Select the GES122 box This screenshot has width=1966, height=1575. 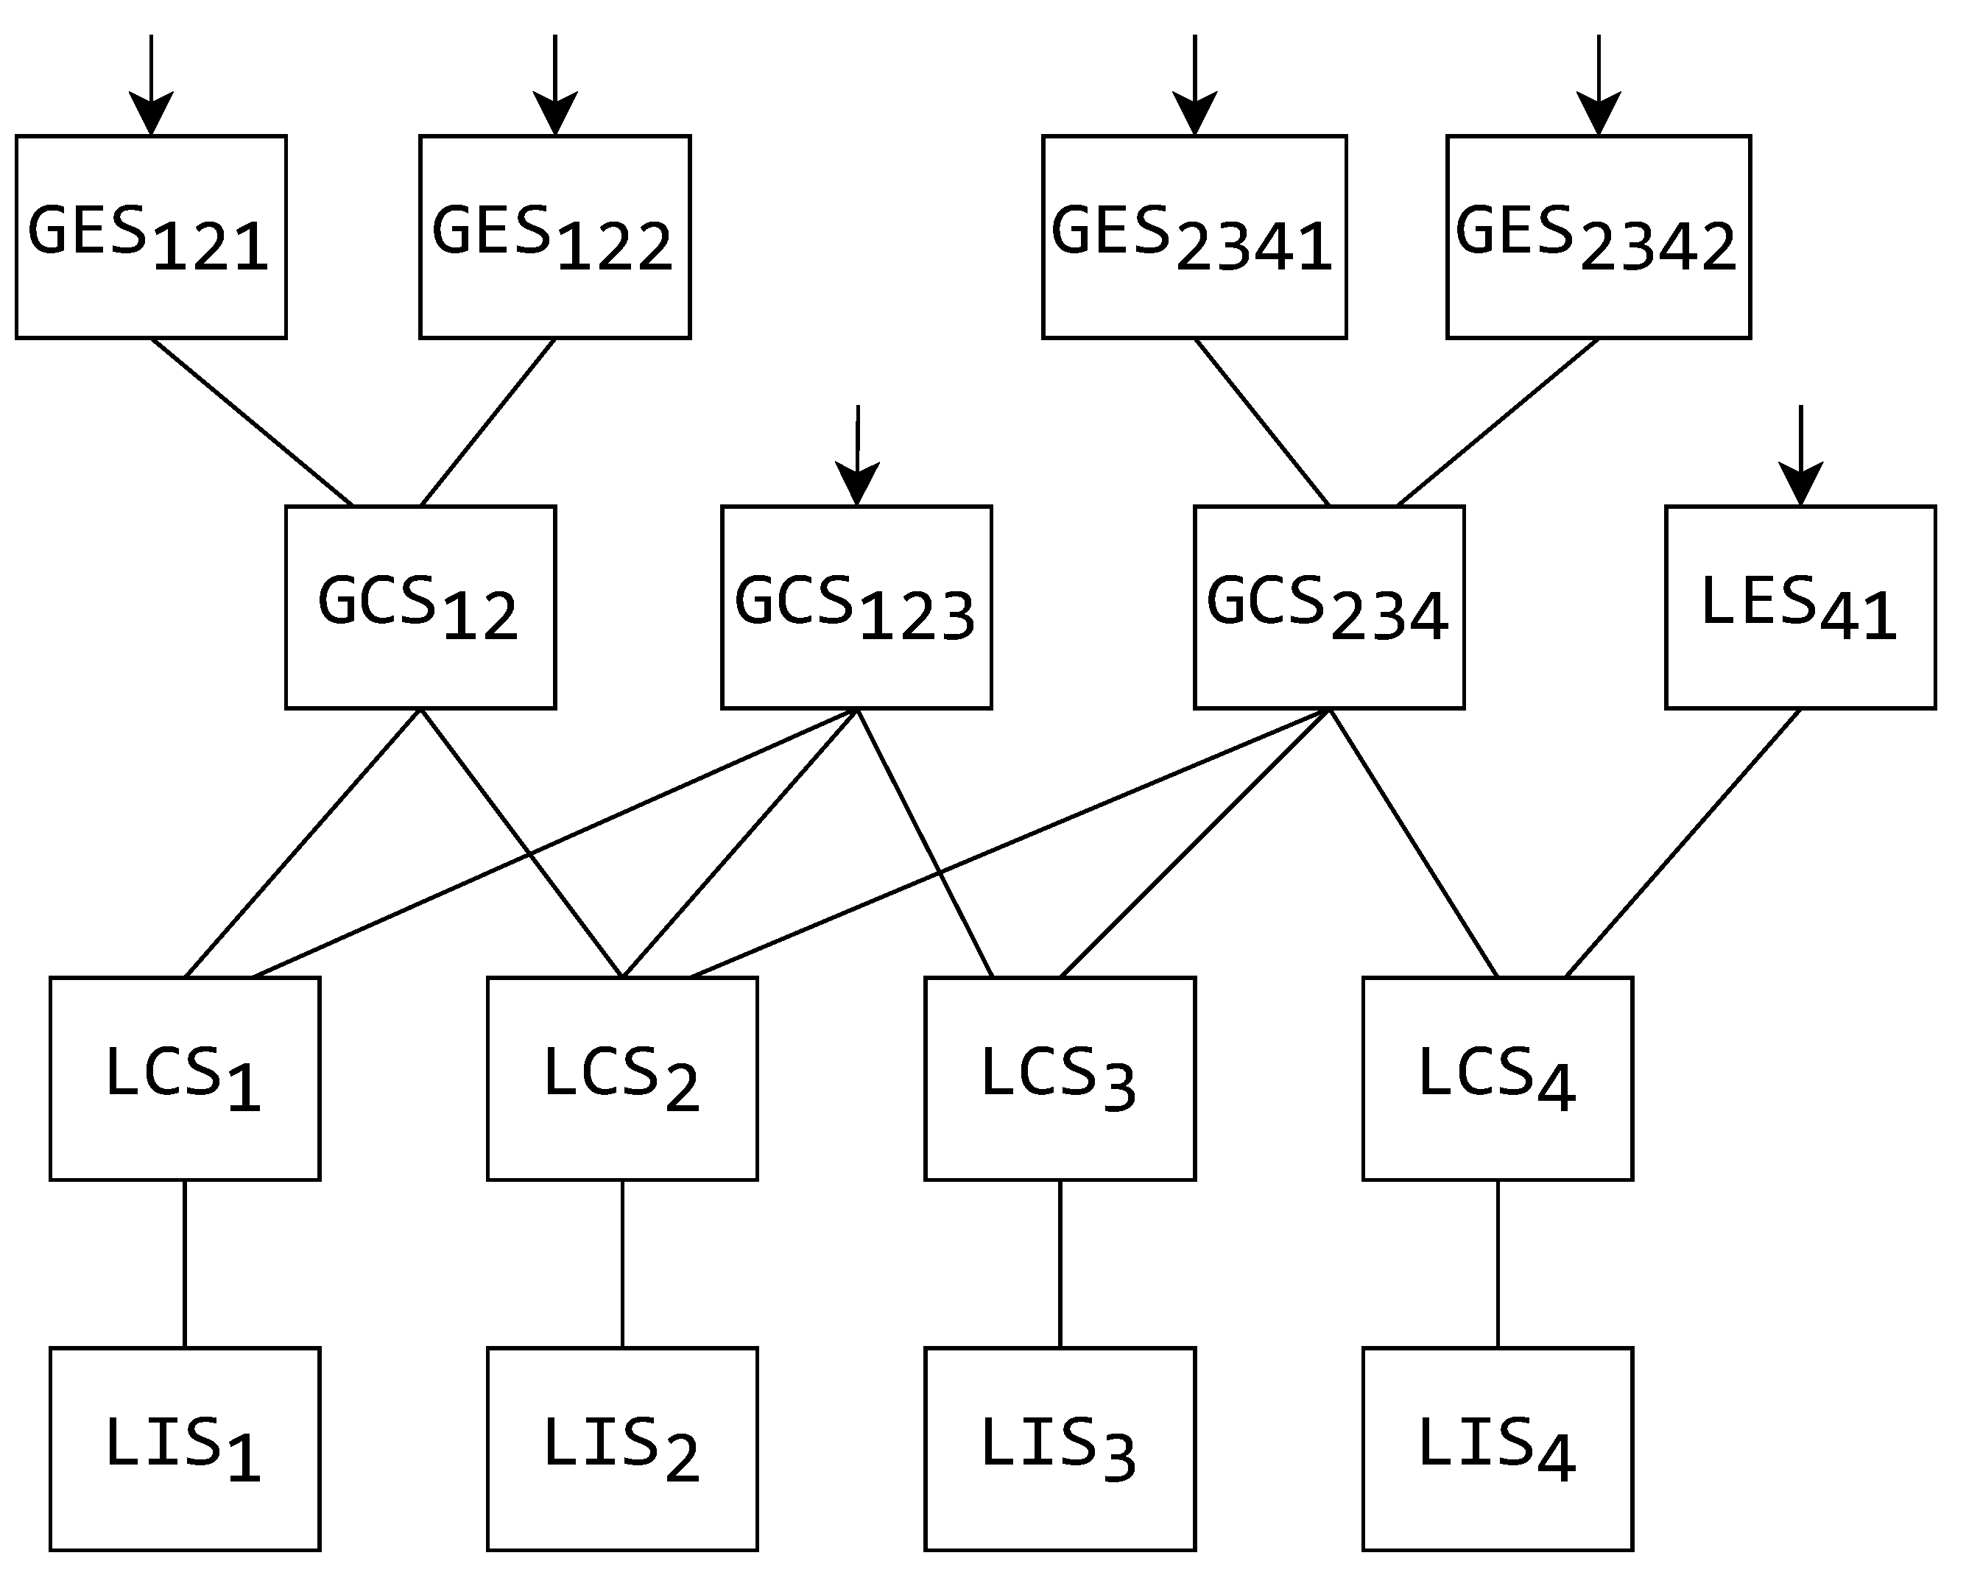(554, 237)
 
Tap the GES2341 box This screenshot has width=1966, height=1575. (1194, 237)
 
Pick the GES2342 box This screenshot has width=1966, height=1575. (1598, 237)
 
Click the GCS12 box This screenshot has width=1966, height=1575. (420, 607)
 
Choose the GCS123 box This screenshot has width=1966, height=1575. (856, 607)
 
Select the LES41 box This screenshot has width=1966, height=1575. (1800, 607)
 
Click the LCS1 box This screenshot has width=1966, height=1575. (185, 1079)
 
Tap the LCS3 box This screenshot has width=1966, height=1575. (1060, 1079)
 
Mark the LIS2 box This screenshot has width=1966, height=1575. (622, 1449)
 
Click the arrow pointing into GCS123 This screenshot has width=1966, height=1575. (857, 456)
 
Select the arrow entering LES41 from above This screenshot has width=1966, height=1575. (1800, 456)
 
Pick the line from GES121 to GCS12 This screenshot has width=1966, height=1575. (252, 421)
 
